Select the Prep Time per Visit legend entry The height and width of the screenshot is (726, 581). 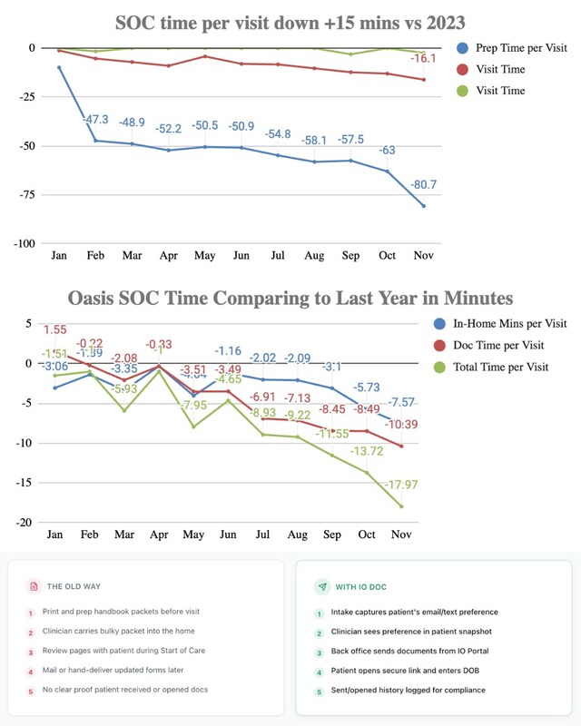[x=518, y=47]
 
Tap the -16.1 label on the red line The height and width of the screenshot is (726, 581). [x=424, y=59]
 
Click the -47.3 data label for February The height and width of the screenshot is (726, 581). [x=95, y=120]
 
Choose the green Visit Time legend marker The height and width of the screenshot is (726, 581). [x=463, y=91]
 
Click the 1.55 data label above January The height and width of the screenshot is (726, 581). [x=55, y=330]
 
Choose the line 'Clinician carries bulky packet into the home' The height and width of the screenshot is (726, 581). [x=118, y=632]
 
